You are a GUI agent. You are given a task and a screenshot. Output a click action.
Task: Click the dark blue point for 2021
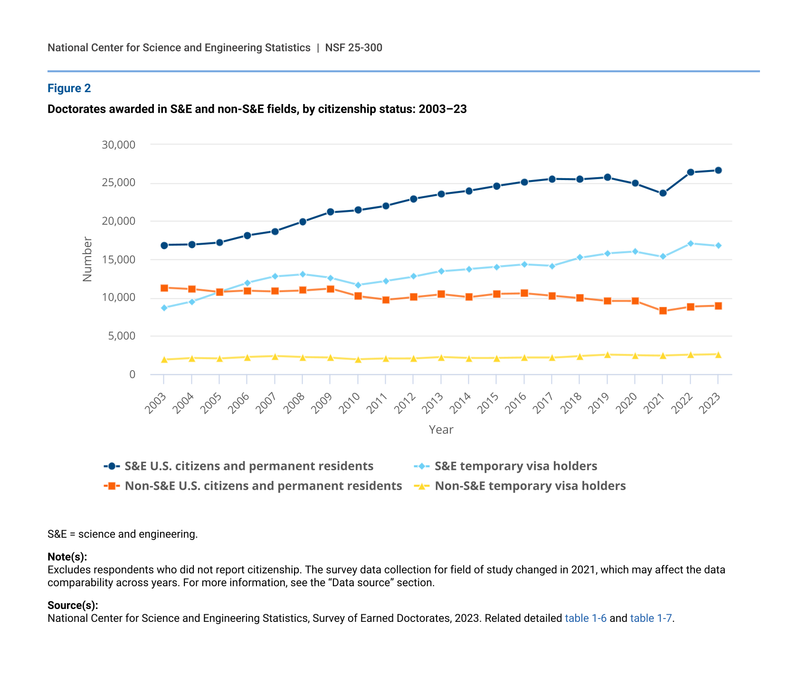(663, 193)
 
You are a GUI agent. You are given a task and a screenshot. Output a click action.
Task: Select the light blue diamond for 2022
(690, 243)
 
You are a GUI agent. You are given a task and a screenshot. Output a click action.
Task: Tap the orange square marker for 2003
(164, 288)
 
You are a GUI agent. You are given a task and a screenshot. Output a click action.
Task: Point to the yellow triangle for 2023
(718, 354)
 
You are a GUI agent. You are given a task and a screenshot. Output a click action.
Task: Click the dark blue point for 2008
(303, 222)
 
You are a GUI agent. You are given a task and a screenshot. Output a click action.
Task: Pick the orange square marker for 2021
(663, 311)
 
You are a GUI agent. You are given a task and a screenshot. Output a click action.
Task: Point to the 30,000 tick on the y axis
(118, 144)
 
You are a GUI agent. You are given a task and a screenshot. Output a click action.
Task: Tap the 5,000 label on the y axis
(122, 336)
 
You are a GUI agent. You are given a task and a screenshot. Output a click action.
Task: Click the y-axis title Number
(87, 259)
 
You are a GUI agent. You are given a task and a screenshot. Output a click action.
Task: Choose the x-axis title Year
(441, 429)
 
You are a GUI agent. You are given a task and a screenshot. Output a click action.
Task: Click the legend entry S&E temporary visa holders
(516, 466)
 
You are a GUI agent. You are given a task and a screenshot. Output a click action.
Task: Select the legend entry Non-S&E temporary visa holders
(530, 486)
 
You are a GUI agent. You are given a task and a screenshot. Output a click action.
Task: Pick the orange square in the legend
(112, 486)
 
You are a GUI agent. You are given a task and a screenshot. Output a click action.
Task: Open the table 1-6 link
(585, 618)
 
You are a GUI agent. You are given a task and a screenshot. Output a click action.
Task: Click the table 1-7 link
(651, 618)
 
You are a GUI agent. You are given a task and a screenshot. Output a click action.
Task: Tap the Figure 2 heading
(69, 88)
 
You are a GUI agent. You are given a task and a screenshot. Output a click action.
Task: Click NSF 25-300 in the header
(353, 48)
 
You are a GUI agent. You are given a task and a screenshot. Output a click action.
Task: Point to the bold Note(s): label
(67, 557)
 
